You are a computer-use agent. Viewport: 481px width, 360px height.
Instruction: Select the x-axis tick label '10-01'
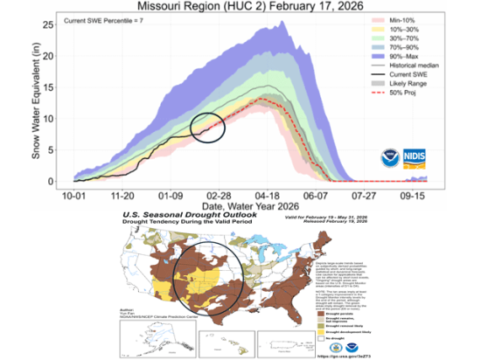(74, 196)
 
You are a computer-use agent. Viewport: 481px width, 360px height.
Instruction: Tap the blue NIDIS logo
(415, 158)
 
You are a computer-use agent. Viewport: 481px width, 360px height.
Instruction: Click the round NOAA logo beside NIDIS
(389, 158)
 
